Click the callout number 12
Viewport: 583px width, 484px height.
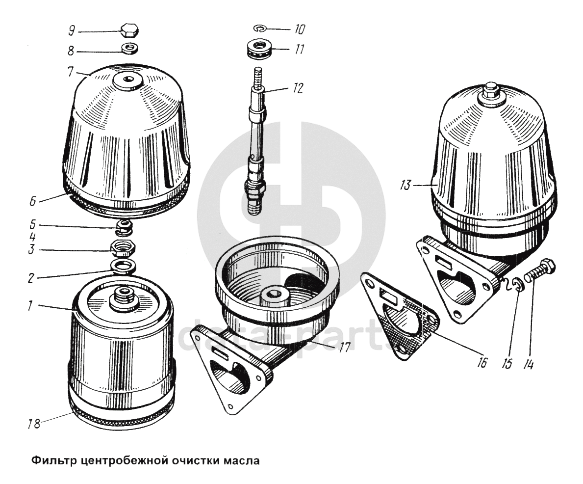coord(298,88)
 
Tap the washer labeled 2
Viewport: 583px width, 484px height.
coord(124,267)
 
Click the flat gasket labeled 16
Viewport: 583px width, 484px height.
coord(401,315)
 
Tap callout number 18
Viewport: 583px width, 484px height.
coord(34,424)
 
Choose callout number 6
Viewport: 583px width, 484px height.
coord(32,201)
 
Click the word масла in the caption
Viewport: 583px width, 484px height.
coord(241,460)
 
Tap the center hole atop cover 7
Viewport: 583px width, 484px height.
coord(129,80)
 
